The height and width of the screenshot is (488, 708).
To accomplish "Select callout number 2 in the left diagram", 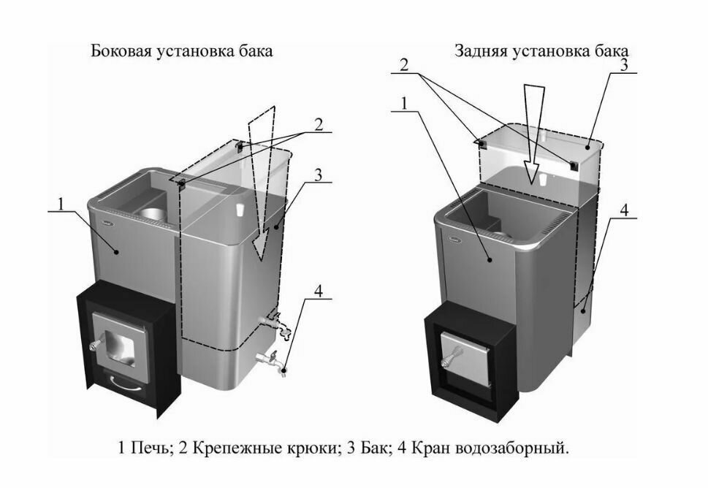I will pos(318,123).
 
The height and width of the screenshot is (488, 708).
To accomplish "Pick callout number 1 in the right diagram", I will pos(402,102).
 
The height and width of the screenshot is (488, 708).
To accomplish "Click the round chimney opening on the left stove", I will pos(154,213).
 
